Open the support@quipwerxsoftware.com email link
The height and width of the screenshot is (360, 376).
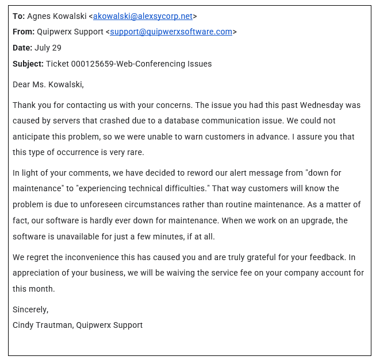[x=171, y=32]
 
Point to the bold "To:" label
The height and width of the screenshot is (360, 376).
[x=18, y=16]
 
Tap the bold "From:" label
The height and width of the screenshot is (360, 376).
[x=24, y=32]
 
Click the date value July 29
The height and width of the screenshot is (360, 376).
[x=48, y=48]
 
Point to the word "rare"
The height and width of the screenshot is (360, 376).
[x=133, y=152]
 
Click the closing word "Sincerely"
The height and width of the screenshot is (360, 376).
[x=30, y=309]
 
